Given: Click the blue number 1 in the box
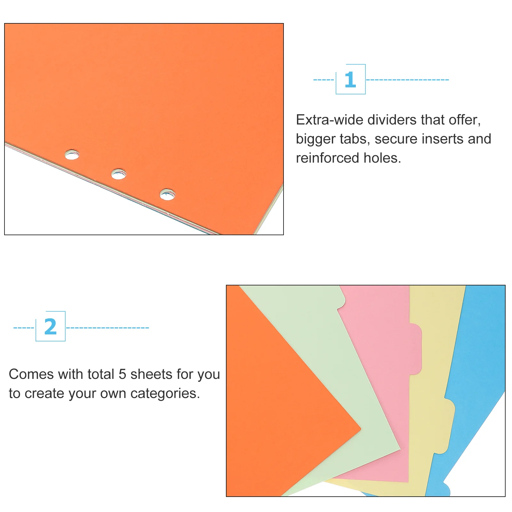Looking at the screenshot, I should click(350, 80).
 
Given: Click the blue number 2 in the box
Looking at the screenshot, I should click(50, 327).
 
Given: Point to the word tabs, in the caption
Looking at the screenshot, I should click(355, 139).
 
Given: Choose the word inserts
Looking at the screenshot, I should click(443, 139).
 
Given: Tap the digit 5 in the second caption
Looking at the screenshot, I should click(122, 374).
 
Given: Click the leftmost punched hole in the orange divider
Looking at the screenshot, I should click(72, 155).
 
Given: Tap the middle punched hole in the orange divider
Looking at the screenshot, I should click(118, 174).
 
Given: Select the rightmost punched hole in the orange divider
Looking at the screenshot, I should click(167, 194).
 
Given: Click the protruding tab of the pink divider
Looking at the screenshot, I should click(415, 349).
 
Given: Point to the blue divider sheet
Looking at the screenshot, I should click(480, 352).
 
